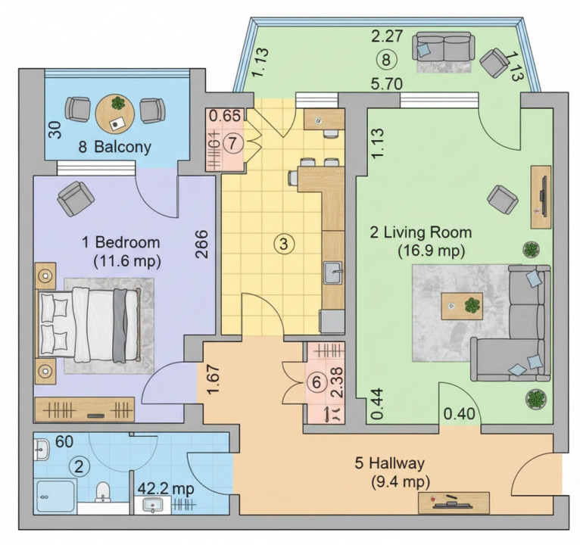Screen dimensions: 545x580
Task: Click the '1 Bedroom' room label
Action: coord(121,243)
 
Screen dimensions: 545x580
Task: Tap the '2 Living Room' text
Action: coord(420,232)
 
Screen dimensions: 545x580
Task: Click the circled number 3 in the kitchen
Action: coord(282,244)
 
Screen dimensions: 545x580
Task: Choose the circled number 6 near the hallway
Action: coord(316,383)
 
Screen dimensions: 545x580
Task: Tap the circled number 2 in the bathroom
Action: coord(77,466)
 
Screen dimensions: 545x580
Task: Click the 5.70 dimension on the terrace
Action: coord(386,84)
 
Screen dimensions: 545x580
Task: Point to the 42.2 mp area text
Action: coord(165,488)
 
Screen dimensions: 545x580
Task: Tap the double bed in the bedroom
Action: coord(89,321)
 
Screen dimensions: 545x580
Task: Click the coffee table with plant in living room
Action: coord(462,306)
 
